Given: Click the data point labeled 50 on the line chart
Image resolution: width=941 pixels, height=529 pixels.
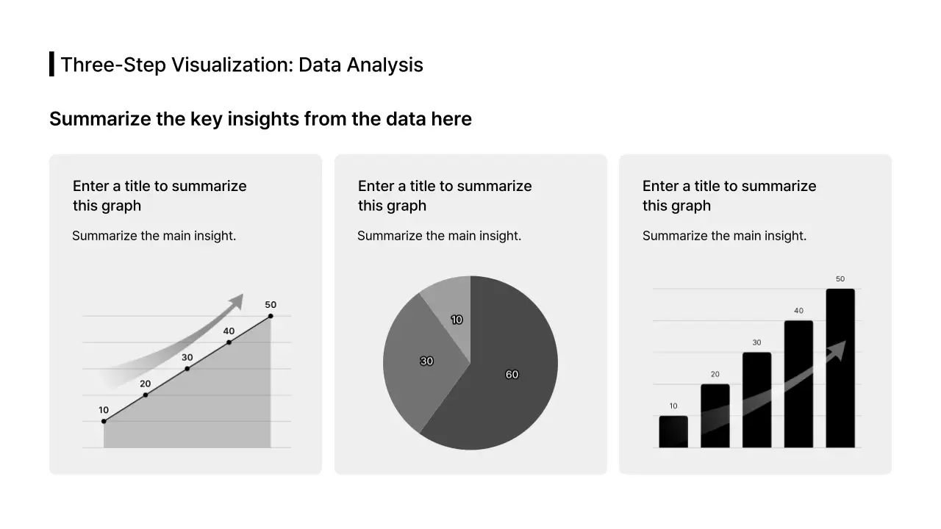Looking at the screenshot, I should pos(271,316).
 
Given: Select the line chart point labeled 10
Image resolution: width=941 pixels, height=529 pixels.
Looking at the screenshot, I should pos(104,421).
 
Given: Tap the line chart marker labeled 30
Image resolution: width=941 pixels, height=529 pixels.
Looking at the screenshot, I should pos(187,368).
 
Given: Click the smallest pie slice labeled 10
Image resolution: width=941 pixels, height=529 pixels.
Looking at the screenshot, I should pos(452,312).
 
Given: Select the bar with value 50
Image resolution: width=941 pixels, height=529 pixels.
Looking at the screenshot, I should pos(840,367).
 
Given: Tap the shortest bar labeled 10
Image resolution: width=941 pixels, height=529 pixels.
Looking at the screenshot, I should pos(673,432).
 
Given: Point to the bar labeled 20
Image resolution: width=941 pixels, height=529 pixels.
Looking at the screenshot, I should pos(715,415).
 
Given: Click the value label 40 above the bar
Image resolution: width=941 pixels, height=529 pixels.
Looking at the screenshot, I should pos(798,311).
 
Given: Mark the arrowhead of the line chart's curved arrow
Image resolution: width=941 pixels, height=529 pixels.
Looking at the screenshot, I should pos(236,301).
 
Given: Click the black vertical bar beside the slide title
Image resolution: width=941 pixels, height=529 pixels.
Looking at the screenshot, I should pos(51,64).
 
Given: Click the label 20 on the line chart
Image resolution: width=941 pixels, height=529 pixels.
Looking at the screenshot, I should pos(146,384).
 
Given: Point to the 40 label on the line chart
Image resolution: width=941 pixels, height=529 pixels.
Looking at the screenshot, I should pos(229,331).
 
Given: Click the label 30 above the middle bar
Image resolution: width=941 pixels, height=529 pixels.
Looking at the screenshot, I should pos(756,342).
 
